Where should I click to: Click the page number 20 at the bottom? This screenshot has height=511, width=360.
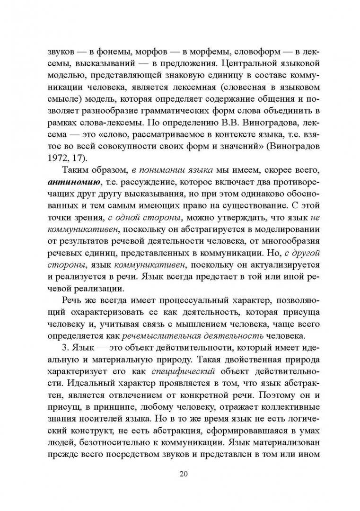click(180, 475)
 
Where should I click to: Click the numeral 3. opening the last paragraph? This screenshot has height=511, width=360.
click(66, 349)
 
